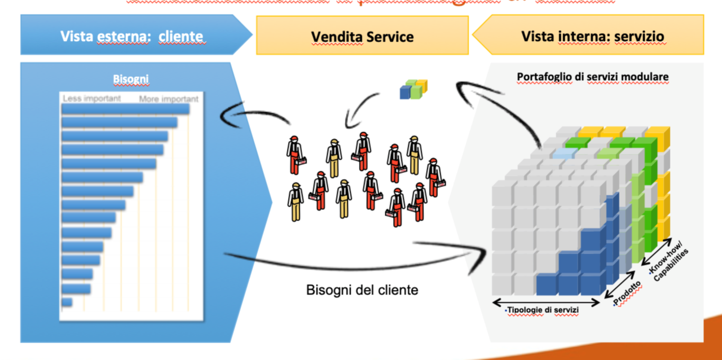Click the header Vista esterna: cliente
pos(131,37)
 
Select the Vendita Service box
pos(362,37)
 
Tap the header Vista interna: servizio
pos(592,37)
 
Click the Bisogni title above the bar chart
pos(130,80)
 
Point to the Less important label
pos(91,98)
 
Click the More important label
pos(168,99)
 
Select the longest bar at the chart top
pos(125,108)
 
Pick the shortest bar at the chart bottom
pos(67,302)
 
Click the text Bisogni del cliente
pos(362,290)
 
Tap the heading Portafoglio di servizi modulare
pos(592,76)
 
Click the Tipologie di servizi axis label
pos(543,310)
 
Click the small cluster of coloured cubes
pos(413,89)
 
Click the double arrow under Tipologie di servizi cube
pos(547,301)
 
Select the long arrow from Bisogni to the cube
pos(350,262)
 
